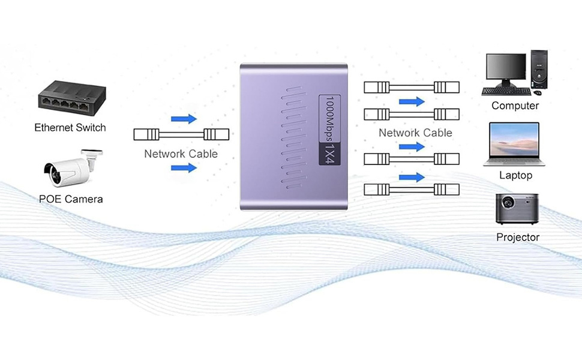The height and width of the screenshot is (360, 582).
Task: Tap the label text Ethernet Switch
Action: [x=70, y=127]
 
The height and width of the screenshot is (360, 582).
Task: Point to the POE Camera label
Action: [x=71, y=199]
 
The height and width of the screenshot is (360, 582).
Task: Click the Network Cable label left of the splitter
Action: [x=181, y=154]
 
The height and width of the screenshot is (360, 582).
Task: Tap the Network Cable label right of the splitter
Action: [x=415, y=133]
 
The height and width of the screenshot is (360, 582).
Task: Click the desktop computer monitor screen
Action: [x=505, y=70]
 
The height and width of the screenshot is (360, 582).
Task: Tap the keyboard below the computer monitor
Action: [x=506, y=92]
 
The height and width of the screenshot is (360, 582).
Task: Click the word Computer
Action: [x=515, y=106]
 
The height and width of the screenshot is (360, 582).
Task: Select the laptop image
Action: [x=514, y=144]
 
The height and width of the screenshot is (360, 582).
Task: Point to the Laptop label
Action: [x=515, y=175]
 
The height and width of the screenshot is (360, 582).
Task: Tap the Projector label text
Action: [x=518, y=237]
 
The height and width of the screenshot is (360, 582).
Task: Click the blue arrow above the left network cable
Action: [x=184, y=119]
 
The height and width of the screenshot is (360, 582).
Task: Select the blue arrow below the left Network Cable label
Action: [x=184, y=168]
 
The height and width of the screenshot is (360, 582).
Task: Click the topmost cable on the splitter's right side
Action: [x=412, y=88]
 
